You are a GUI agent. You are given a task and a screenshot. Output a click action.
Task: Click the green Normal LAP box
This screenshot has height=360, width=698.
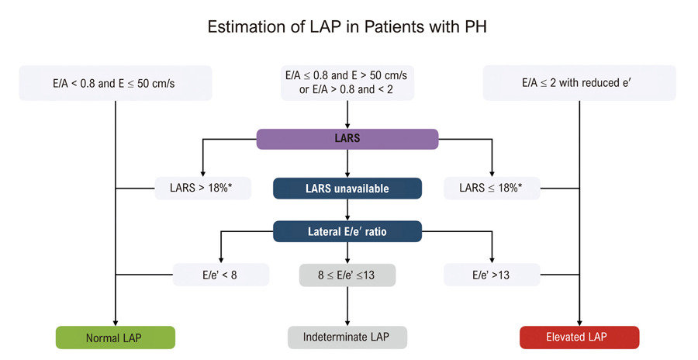tap(116, 337)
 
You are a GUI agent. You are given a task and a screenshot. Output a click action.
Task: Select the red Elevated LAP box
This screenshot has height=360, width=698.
tap(579, 337)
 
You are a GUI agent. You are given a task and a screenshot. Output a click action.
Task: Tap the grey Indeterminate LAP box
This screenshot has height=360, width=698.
tap(347, 337)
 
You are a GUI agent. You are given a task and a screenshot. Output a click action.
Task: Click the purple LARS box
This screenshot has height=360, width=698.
tap(347, 139)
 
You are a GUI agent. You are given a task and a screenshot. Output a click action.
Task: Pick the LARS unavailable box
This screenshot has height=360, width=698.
tap(347, 188)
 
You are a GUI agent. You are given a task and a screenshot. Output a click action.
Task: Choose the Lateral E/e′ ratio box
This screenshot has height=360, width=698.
tap(347, 231)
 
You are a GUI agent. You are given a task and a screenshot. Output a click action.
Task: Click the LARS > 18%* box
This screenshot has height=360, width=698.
tap(203, 188)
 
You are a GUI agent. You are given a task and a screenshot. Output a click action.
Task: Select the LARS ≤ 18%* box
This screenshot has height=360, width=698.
tap(492, 188)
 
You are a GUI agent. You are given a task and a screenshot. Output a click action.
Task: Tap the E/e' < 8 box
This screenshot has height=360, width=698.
tap(221, 275)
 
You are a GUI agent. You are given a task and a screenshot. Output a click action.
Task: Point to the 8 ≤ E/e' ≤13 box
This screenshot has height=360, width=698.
tap(347, 275)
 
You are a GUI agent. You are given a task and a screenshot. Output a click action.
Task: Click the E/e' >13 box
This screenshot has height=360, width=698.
tap(492, 275)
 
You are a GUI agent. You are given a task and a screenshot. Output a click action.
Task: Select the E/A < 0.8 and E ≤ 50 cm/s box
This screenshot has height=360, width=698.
tap(116, 83)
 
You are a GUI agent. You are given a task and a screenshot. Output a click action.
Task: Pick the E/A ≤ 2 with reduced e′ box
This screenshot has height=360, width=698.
tap(579, 83)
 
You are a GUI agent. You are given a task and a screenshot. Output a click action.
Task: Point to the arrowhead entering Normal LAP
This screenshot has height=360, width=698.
tap(116, 323)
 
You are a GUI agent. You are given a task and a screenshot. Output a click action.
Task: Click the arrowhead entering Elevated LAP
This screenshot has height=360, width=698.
tap(579, 323)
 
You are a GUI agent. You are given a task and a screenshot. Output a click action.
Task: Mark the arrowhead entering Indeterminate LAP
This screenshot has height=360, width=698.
tap(347, 323)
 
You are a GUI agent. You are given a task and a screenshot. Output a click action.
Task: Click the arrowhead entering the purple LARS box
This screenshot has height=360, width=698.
tap(347, 126)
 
